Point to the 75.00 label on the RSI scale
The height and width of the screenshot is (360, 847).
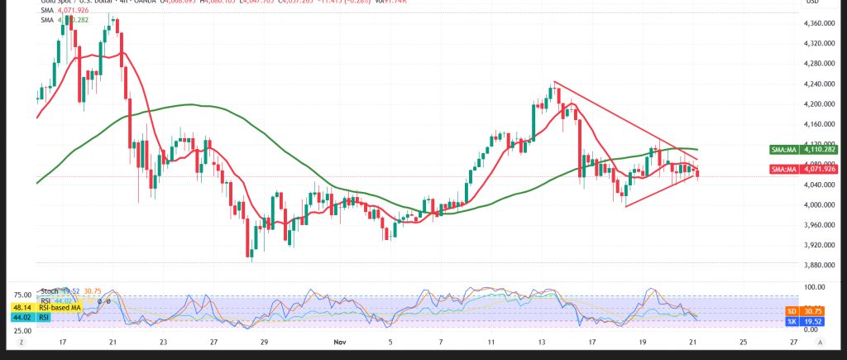tap(22, 295)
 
